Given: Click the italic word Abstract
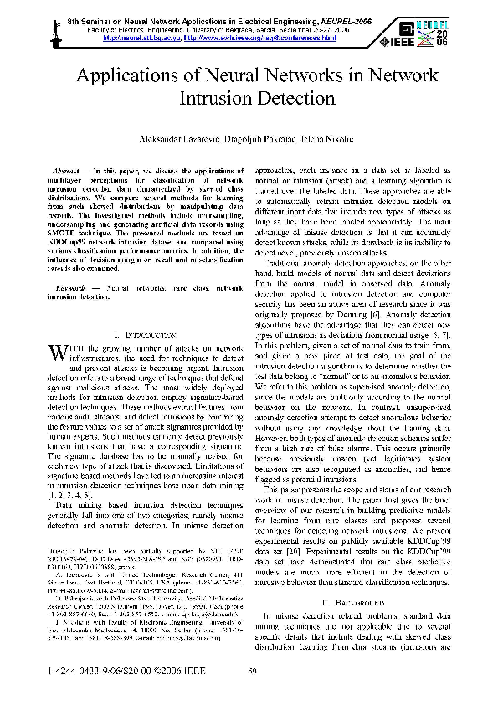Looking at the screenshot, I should [x=72, y=169].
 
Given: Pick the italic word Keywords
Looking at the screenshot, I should [x=75, y=287].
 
